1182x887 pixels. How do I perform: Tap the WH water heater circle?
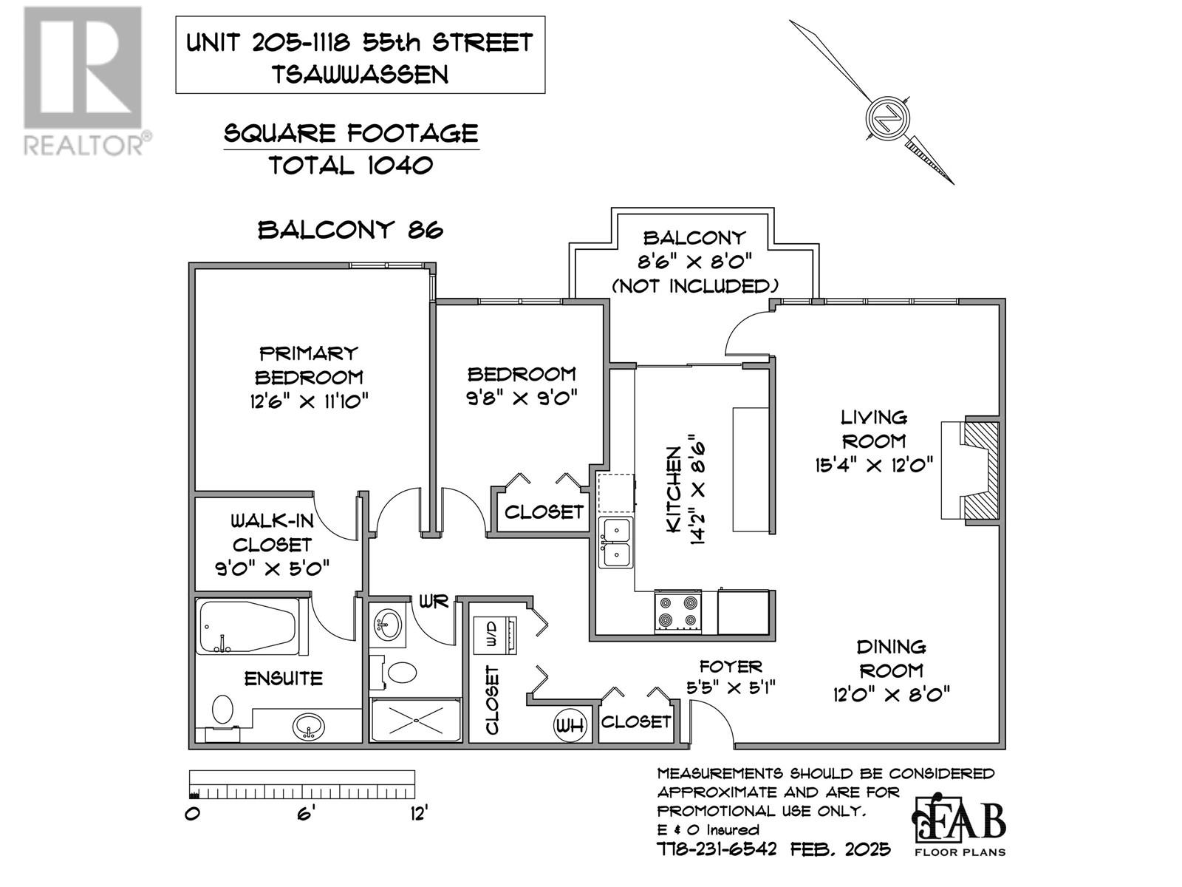pyautogui.click(x=569, y=726)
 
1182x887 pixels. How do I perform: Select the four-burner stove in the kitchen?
pyautogui.click(x=678, y=611)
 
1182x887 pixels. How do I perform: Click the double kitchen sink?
pyautogui.click(x=616, y=543)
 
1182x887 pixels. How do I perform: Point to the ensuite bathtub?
pyautogui.click(x=247, y=626)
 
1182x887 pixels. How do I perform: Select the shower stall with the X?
pyautogui.click(x=416, y=720)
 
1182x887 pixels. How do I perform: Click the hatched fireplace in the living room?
pyautogui.click(x=980, y=470)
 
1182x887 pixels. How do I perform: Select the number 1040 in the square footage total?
pyautogui.click(x=400, y=166)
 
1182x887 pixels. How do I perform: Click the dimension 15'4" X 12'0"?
pyautogui.click(x=873, y=465)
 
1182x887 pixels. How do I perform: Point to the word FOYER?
pyautogui.click(x=730, y=667)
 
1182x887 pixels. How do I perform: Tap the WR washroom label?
pyautogui.click(x=434, y=602)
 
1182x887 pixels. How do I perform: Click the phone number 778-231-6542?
pyautogui.click(x=717, y=850)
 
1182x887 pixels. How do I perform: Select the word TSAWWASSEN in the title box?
pyautogui.click(x=360, y=75)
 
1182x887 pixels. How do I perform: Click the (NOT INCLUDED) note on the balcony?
pyautogui.click(x=694, y=286)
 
